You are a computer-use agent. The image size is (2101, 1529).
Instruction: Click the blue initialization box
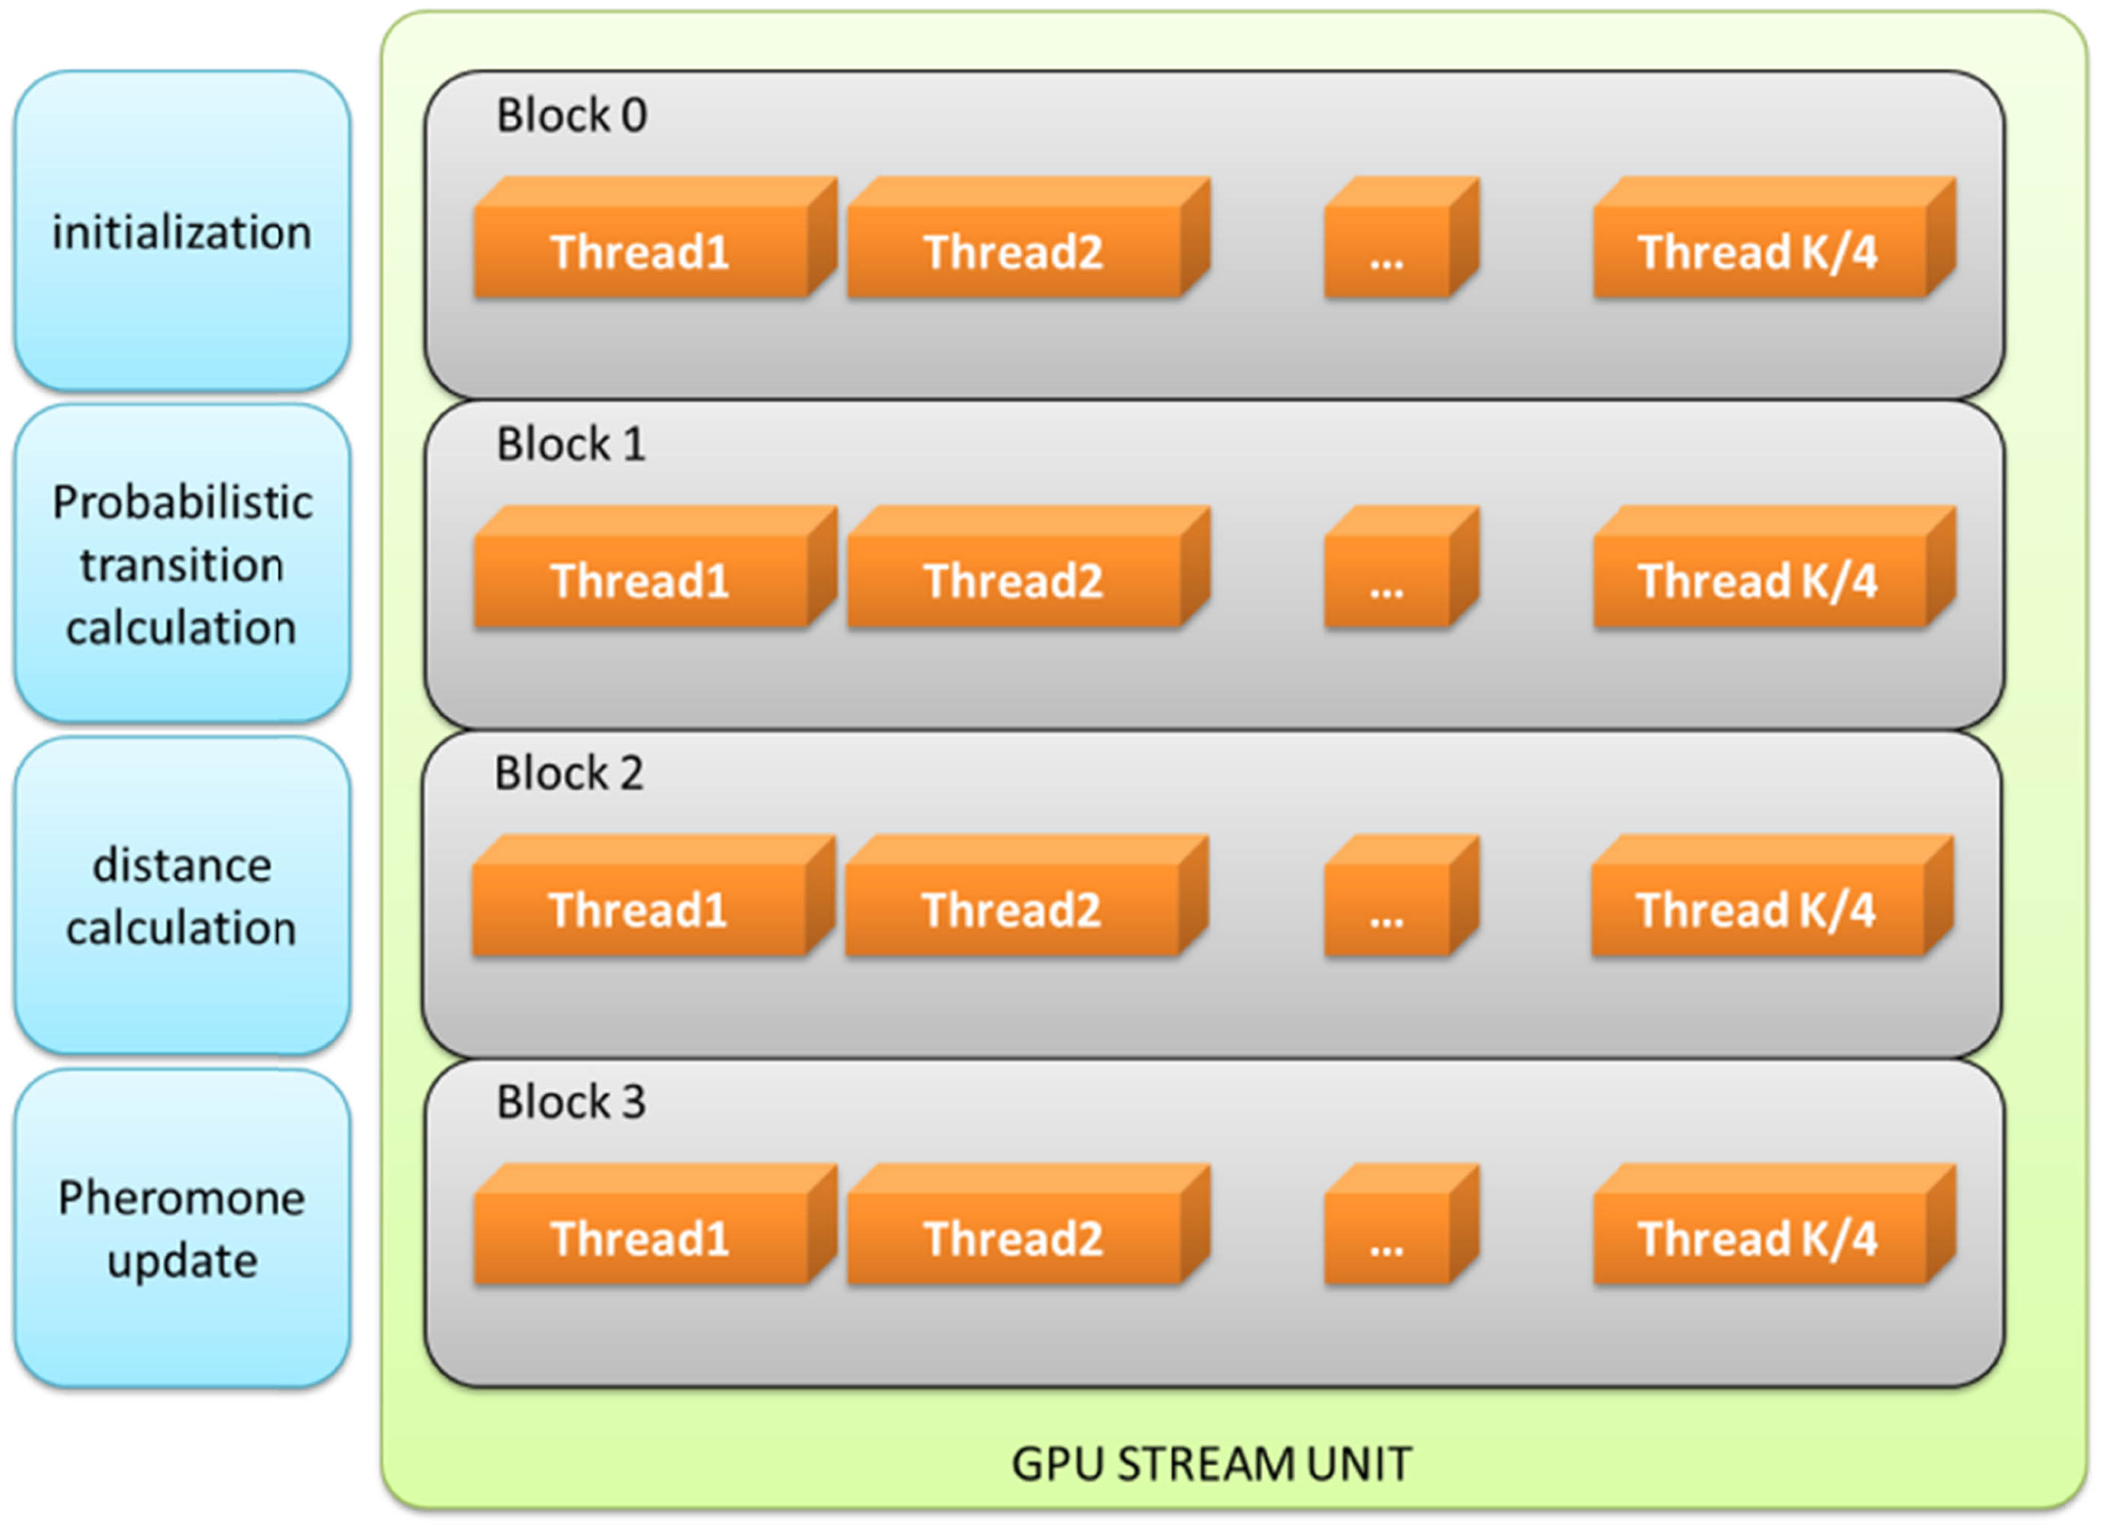pos(182,232)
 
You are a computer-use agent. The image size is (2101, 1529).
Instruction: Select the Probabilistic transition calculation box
pos(182,564)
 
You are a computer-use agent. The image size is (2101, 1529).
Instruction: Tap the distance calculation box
pos(182,896)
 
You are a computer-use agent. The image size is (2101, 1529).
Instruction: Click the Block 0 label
pos(572,116)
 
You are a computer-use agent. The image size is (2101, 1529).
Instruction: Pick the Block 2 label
pos(569,774)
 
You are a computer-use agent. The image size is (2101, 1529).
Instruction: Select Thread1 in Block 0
pos(640,251)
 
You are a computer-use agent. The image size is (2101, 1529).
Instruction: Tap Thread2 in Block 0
pos(1014,251)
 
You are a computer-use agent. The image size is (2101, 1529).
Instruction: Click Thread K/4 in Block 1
pos(1758,581)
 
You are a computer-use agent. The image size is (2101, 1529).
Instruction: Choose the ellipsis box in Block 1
pos(1387,581)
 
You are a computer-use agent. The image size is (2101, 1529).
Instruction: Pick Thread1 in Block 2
pos(639,909)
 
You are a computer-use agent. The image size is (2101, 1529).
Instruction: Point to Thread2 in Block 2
pos(1011,909)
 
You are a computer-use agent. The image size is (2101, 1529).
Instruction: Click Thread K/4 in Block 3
pos(1758,1238)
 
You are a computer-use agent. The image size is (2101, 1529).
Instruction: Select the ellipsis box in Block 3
pos(1387,1238)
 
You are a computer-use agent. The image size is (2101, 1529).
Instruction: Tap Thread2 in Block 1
pos(1014,581)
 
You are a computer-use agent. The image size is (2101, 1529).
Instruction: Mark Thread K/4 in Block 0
pos(1758,251)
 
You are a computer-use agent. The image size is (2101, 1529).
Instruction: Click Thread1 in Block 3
pos(640,1238)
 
